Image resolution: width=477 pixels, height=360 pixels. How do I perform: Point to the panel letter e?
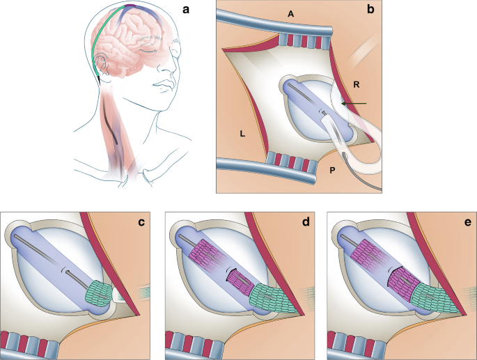click(x=462, y=223)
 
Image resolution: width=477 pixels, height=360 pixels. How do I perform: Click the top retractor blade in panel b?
click(x=279, y=31)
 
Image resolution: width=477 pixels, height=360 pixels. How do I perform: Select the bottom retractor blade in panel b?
click(x=272, y=164)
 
